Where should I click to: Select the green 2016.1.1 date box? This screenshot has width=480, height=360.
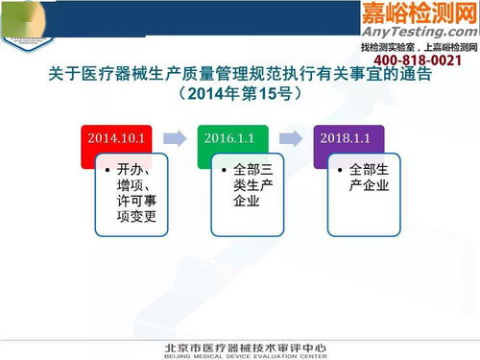(x=231, y=138)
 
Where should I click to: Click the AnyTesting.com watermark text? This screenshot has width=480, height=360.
(x=417, y=30)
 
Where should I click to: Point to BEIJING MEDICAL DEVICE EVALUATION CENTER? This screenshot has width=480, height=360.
(x=239, y=354)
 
